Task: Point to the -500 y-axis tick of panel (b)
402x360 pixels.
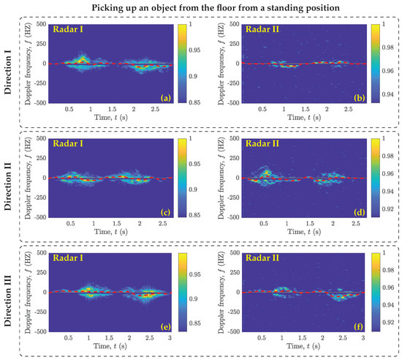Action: point(232,103)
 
